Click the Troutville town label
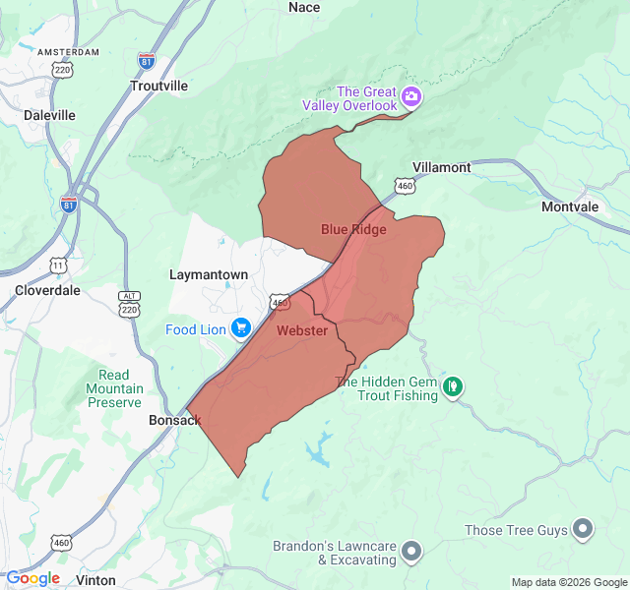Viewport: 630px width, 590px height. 158,86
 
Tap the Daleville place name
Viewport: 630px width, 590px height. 50,115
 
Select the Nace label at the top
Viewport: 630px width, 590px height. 304,8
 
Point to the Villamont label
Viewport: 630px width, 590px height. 441,167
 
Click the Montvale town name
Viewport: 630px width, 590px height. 569,206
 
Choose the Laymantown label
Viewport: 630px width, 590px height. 209,274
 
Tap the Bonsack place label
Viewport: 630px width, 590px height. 174,420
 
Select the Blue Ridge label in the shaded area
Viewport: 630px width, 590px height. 353,229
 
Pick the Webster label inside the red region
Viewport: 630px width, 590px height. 302,330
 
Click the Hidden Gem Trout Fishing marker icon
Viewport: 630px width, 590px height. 452,386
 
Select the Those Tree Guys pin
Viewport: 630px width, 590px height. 583,530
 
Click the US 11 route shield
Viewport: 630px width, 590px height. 59,265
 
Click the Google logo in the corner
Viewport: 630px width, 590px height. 33,578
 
